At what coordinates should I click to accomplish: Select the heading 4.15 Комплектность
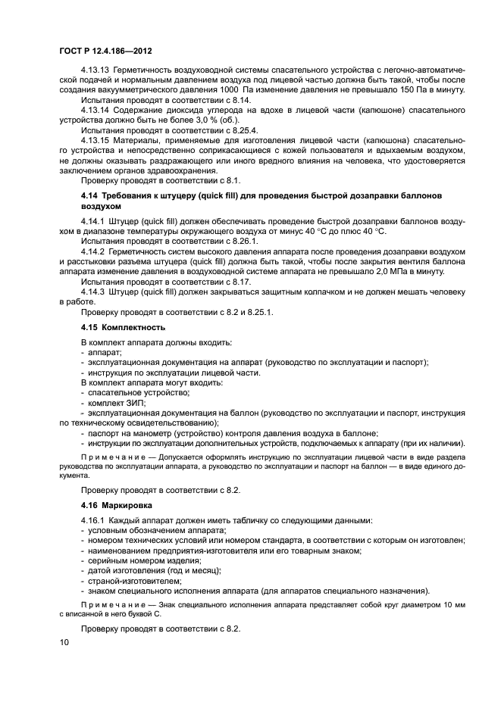click(x=123, y=327)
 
